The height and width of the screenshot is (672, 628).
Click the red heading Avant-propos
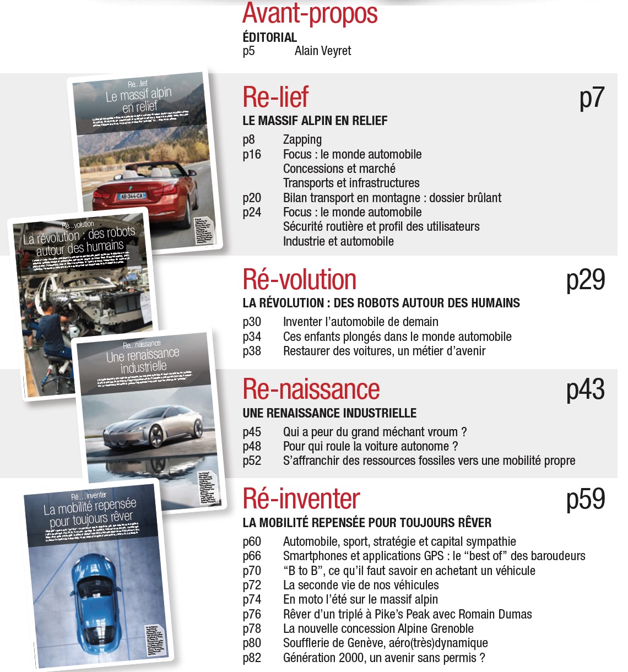[310, 14]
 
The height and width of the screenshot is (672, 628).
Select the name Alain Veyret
[322, 51]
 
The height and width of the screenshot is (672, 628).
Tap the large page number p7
[592, 98]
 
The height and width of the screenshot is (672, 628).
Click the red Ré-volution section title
[300, 280]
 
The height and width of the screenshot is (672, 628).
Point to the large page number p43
[585, 389]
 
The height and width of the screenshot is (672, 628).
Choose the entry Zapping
[302, 140]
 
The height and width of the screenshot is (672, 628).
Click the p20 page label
[252, 198]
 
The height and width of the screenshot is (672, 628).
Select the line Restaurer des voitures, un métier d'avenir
[384, 351]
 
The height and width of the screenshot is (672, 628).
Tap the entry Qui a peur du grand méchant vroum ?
[375, 432]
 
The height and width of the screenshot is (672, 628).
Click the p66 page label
[252, 556]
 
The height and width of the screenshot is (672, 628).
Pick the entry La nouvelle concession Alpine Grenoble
[378, 628]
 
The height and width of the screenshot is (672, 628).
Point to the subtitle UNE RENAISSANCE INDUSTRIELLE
[329, 413]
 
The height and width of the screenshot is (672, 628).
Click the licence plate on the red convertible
[132, 196]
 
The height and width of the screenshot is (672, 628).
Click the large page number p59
[585, 499]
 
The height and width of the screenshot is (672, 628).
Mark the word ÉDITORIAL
[269, 37]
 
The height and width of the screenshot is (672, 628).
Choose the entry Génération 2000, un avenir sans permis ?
[384, 658]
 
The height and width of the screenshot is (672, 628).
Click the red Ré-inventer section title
[301, 499]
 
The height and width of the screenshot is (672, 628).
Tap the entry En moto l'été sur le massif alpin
[360, 599]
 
